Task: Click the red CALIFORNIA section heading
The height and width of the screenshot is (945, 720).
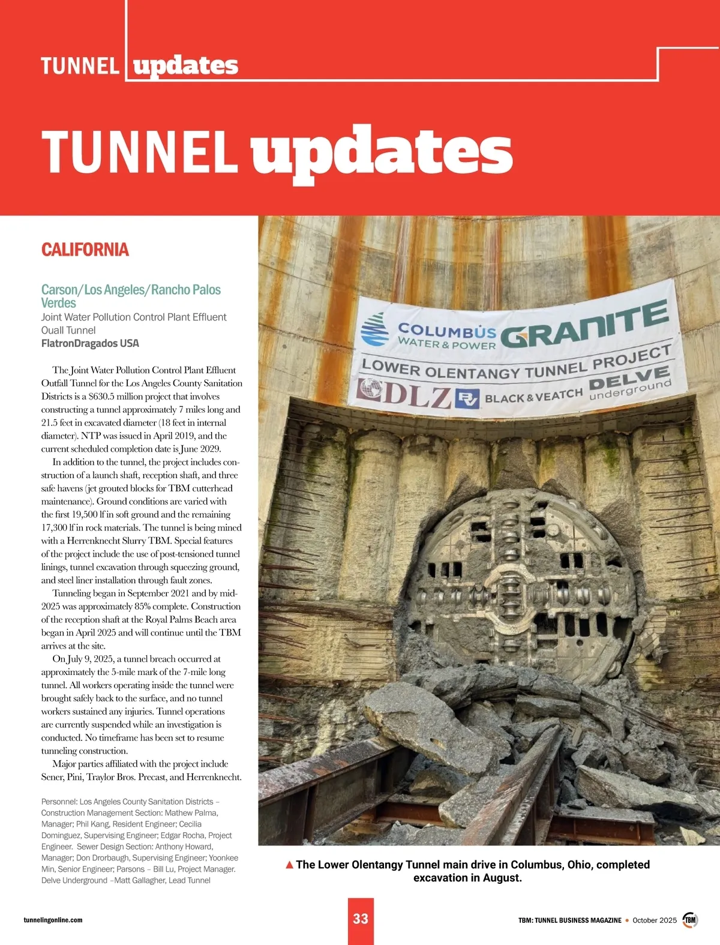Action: coord(85,250)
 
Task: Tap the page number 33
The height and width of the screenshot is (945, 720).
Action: coord(361,919)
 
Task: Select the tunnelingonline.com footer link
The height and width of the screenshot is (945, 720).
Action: coord(53,920)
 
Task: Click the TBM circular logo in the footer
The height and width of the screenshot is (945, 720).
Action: coord(691,920)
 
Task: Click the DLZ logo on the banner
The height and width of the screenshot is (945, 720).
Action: coord(404,393)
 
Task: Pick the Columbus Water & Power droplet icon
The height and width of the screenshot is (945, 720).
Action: coord(374,330)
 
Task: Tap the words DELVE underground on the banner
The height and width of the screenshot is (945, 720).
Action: coord(630,383)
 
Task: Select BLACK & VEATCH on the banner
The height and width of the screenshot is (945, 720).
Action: coord(533,395)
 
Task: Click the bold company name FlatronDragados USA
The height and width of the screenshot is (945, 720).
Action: coord(90,343)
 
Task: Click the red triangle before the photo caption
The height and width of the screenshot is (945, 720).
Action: coord(289,865)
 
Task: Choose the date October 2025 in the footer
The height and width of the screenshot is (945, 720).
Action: coord(654,920)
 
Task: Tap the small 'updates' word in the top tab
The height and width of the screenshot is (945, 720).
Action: coord(185,65)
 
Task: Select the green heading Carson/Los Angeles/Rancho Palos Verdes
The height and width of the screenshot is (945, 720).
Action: coord(131,296)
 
